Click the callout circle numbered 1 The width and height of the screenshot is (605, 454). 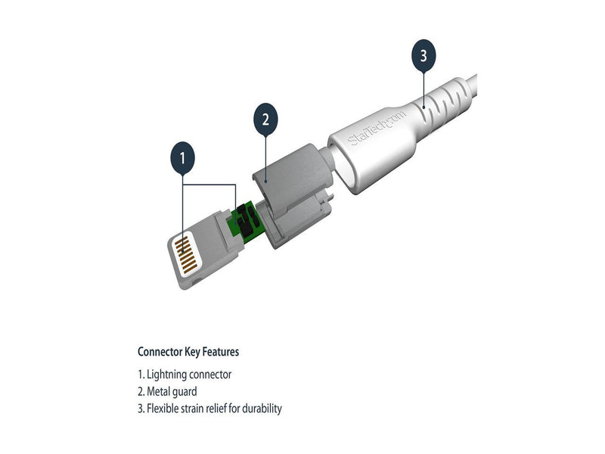[x=182, y=158]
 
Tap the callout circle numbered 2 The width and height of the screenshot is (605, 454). [x=265, y=120]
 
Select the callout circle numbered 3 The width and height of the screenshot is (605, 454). [x=423, y=55]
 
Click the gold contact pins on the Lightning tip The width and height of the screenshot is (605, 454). [x=187, y=254]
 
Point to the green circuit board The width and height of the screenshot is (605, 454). [x=246, y=223]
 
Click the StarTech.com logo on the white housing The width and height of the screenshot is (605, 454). [x=376, y=128]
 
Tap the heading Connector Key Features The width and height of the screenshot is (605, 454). [x=188, y=352]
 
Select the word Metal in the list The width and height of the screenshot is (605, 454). [x=158, y=391]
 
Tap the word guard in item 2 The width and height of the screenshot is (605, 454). [x=184, y=392]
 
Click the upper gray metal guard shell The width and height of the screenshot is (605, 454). [x=293, y=174]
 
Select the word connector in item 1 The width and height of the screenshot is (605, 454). [x=210, y=375]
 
